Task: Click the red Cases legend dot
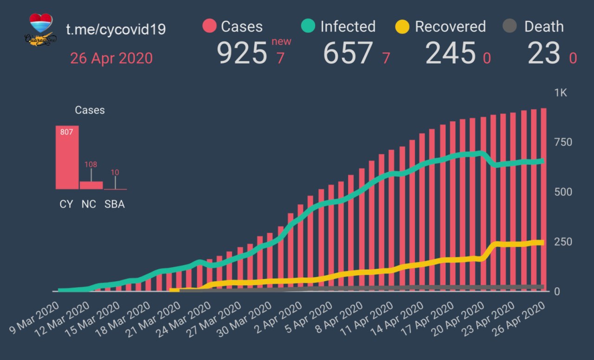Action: (210, 26)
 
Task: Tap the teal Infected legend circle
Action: (308, 26)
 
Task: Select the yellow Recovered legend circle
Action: (402, 26)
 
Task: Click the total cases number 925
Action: (242, 53)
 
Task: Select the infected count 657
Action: (348, 53)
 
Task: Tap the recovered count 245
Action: (450, 53)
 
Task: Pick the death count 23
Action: (544, 53)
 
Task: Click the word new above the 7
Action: (281, 41)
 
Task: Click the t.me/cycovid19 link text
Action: (116, 29)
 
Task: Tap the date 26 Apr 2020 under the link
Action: (111, 58)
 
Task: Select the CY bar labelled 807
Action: (67, 158)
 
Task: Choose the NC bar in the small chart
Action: (91, 185)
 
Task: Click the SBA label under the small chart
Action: (115, 204)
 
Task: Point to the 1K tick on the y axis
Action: (561, 93)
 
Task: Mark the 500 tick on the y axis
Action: (562, 192)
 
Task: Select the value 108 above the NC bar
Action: (90, 164)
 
